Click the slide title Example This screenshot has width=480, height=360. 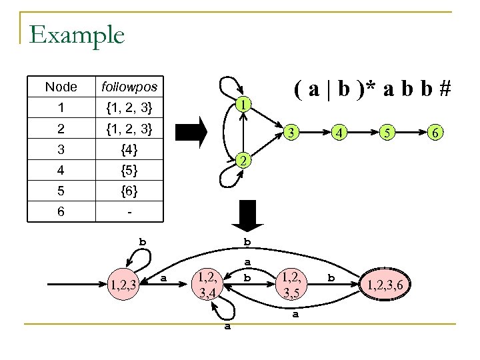77,34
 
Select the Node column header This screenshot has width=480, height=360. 61,87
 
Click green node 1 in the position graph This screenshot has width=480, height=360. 245,105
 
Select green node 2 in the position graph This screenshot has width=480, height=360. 245,161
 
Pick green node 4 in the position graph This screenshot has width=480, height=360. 339,133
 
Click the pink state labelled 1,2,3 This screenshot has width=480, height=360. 123,285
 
